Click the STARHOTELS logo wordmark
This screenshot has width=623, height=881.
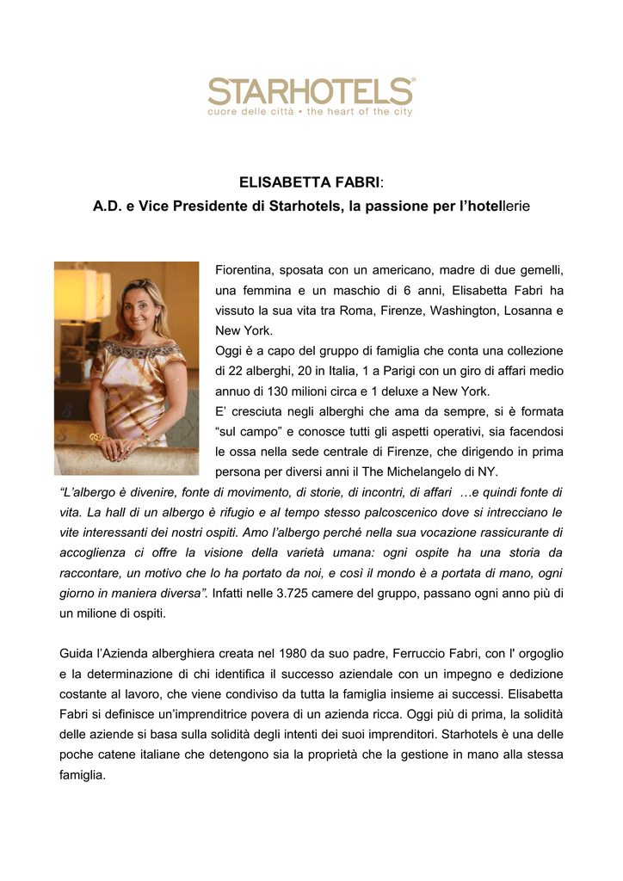pos(311,90)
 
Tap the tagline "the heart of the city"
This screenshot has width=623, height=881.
pos(360,112)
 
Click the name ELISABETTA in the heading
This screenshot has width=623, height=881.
pos(281,182)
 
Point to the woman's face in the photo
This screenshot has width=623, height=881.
pos(139,308)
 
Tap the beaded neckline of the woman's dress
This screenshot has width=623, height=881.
pos(139,348)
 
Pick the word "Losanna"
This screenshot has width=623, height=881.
pos(531,311)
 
